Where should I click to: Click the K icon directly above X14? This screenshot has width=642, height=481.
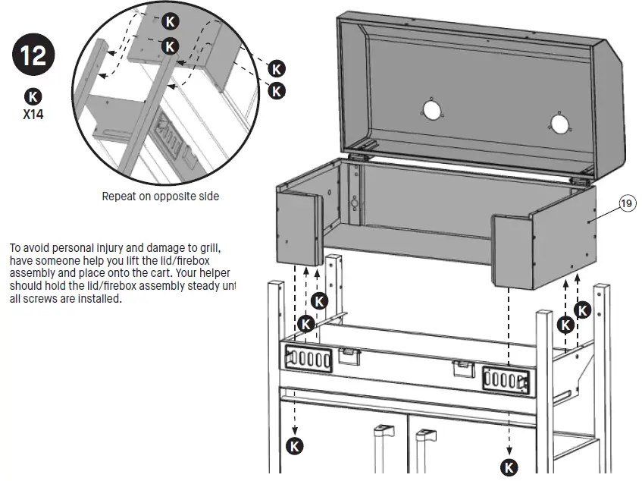pyautogui.click(x=33, y=97)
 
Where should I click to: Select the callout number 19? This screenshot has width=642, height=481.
pyautogui.click(x=626, y=203)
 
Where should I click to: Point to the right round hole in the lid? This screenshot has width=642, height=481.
pyautogui.click(x=559, y=123)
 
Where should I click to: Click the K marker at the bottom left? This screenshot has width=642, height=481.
pyautogui.click(x=294, y=445)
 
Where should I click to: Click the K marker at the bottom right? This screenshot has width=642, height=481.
pyautogui.click(x=509, y=467)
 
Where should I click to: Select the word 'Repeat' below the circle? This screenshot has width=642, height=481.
pyautogui.click(x=120, y=196)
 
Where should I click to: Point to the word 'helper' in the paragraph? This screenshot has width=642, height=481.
pyautogui.click(x=214, y=274)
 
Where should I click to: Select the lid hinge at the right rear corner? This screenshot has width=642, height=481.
pyautogui.click(x=582, y=181)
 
